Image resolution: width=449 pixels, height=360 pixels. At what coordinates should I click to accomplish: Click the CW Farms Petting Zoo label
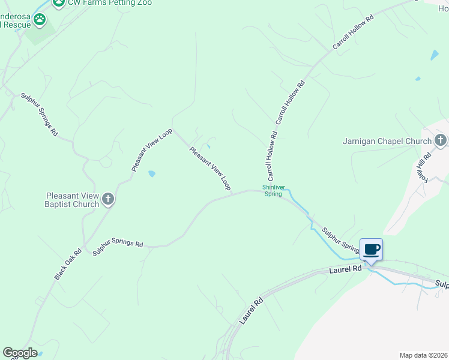coord(109,3)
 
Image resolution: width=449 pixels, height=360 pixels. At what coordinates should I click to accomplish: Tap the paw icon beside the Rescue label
coord(40,20)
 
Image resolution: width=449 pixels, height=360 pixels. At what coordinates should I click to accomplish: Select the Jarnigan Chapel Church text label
coord(387,142)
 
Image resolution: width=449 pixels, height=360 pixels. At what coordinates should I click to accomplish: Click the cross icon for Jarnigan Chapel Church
coord(441,141)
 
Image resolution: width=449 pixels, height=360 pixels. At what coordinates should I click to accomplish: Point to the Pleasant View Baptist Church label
coord(73,200)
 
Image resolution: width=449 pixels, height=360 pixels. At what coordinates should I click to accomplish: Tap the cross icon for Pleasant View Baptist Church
coord(108,199)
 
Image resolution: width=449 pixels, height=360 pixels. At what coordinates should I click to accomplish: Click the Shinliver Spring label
coord(273,191)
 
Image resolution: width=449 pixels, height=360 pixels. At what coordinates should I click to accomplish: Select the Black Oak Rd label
coord(68,265)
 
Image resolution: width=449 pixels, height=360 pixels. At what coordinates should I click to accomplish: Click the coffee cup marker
coord(371,248)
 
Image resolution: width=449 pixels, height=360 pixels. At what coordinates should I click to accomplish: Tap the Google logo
coord(20,353)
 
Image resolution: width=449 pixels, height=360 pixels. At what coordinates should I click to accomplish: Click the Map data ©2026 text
coord(423,355)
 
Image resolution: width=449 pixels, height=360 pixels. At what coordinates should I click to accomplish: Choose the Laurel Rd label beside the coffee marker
coord(345,271)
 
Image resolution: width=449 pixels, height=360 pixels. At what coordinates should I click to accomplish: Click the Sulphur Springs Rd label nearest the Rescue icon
coord(40,113)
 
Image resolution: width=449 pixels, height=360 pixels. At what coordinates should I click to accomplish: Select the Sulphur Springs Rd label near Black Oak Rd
coord(118,248)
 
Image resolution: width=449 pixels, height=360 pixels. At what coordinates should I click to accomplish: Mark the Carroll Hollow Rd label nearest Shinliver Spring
coord(272,157)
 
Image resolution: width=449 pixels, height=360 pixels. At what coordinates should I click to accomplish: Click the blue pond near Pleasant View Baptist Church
coord(152,174)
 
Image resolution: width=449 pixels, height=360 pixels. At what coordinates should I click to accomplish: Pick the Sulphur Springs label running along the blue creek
coord(340,238)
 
